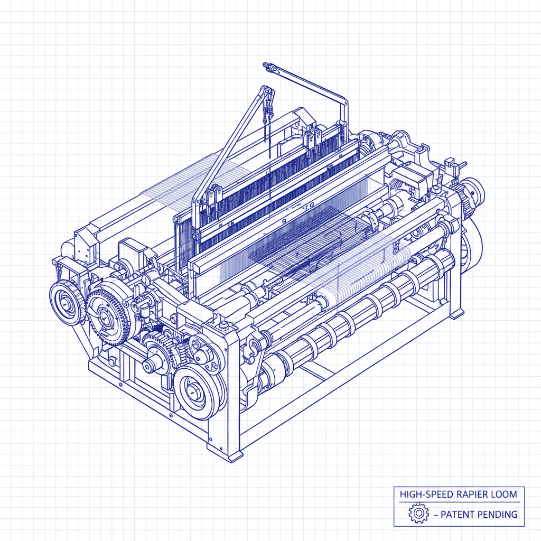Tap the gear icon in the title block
(418, 514)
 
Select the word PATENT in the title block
(459, 514)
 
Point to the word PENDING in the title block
(498, 514)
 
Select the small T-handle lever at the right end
(453, 165)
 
